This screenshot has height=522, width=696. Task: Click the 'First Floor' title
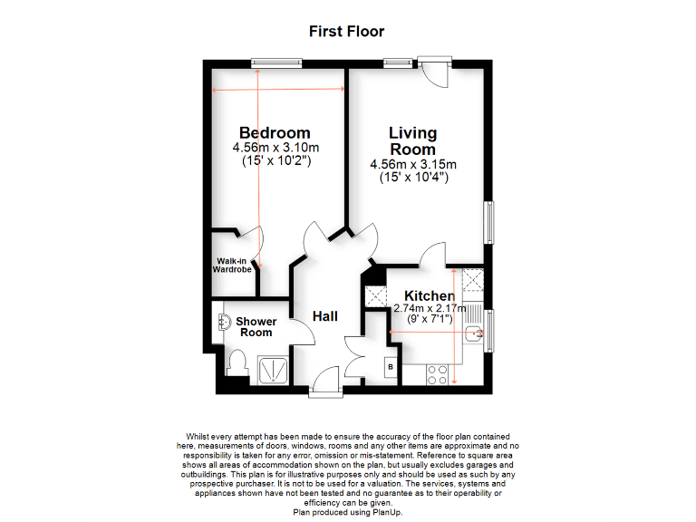point(347,32)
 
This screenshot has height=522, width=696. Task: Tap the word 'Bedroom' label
point(275,133)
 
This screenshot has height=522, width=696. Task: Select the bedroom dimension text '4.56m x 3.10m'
point(275,148)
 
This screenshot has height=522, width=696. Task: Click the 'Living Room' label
point(412,141)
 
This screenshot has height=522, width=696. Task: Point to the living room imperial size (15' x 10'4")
point(413,178)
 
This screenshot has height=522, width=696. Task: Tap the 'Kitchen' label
point(430,296)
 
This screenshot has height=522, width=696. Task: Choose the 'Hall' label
point(325,316)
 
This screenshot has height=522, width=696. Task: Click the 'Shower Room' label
point(256,327)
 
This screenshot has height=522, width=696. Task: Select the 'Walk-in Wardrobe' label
point(232,266)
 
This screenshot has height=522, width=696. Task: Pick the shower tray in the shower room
point(274,366)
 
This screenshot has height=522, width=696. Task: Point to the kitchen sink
point(472,336)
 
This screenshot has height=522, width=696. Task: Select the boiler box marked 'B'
point(390,367)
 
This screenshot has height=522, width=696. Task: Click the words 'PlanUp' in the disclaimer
point(383,512)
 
